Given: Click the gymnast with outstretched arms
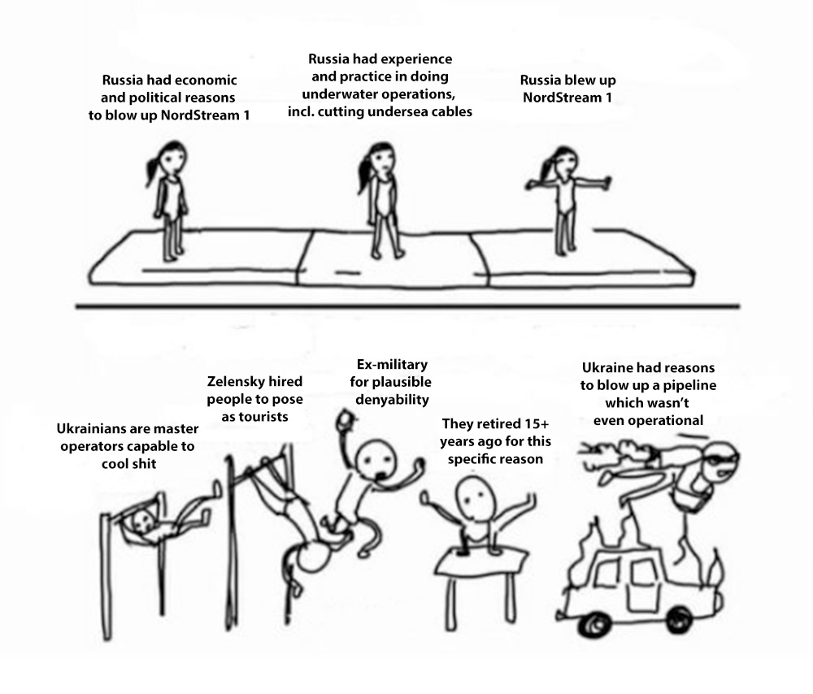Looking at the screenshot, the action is pyautogui.click(x=566, y=200).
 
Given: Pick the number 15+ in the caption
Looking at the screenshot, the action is pyautogui.click(x=535, y=424).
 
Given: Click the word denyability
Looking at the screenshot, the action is pyautogui.click(x=392, y=400).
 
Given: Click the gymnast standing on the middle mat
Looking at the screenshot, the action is pyautogui.click(x=380, y=201).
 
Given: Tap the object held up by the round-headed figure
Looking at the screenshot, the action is pyautogui.click(x=343, y=419).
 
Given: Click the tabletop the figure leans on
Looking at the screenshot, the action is pyautogui.click(x=481, y=562).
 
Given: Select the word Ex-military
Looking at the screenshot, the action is pyautogui.click(x=392, y=365).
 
